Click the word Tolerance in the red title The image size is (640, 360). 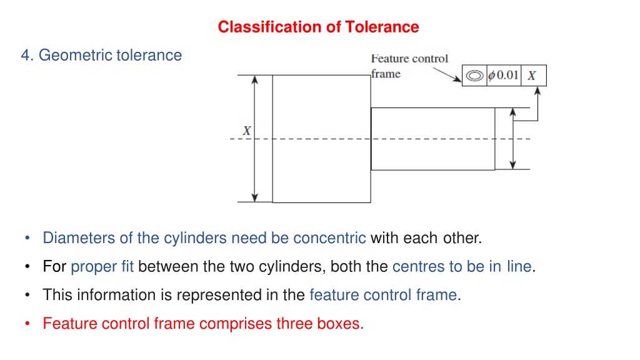point(382,27)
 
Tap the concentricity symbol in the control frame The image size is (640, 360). point(474,76)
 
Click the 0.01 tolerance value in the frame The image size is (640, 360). point(507,75)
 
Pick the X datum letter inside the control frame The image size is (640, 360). point(531,76)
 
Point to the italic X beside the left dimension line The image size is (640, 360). point(246,131)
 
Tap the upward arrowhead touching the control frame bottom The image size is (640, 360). point(537,91)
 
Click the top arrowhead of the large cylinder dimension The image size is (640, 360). point(255,79)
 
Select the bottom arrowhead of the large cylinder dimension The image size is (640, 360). point(255,197)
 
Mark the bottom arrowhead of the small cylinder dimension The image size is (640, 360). point(513,165)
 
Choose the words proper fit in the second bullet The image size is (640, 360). point(102,266)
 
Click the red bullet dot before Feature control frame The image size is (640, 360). point(27,324)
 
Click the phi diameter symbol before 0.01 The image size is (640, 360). point(492,76)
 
